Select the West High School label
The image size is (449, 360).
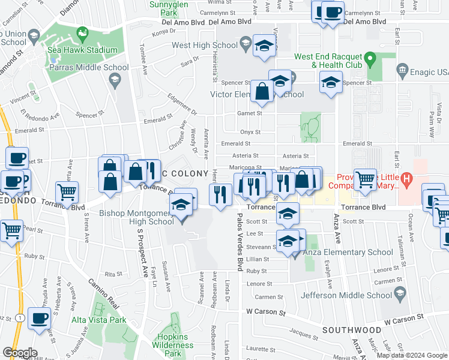click(x=205, y=45)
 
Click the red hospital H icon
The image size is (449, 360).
click(x=406, y=178)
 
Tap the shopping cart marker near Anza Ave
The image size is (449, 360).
click(x=365, y=178)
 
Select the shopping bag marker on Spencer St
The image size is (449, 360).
click(x=262, y=92)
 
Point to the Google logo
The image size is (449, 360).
click(x=20, y=353)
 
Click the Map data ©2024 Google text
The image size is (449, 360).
click(x=411, y=355)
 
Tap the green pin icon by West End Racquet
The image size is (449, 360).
click(x=370, y=60)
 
